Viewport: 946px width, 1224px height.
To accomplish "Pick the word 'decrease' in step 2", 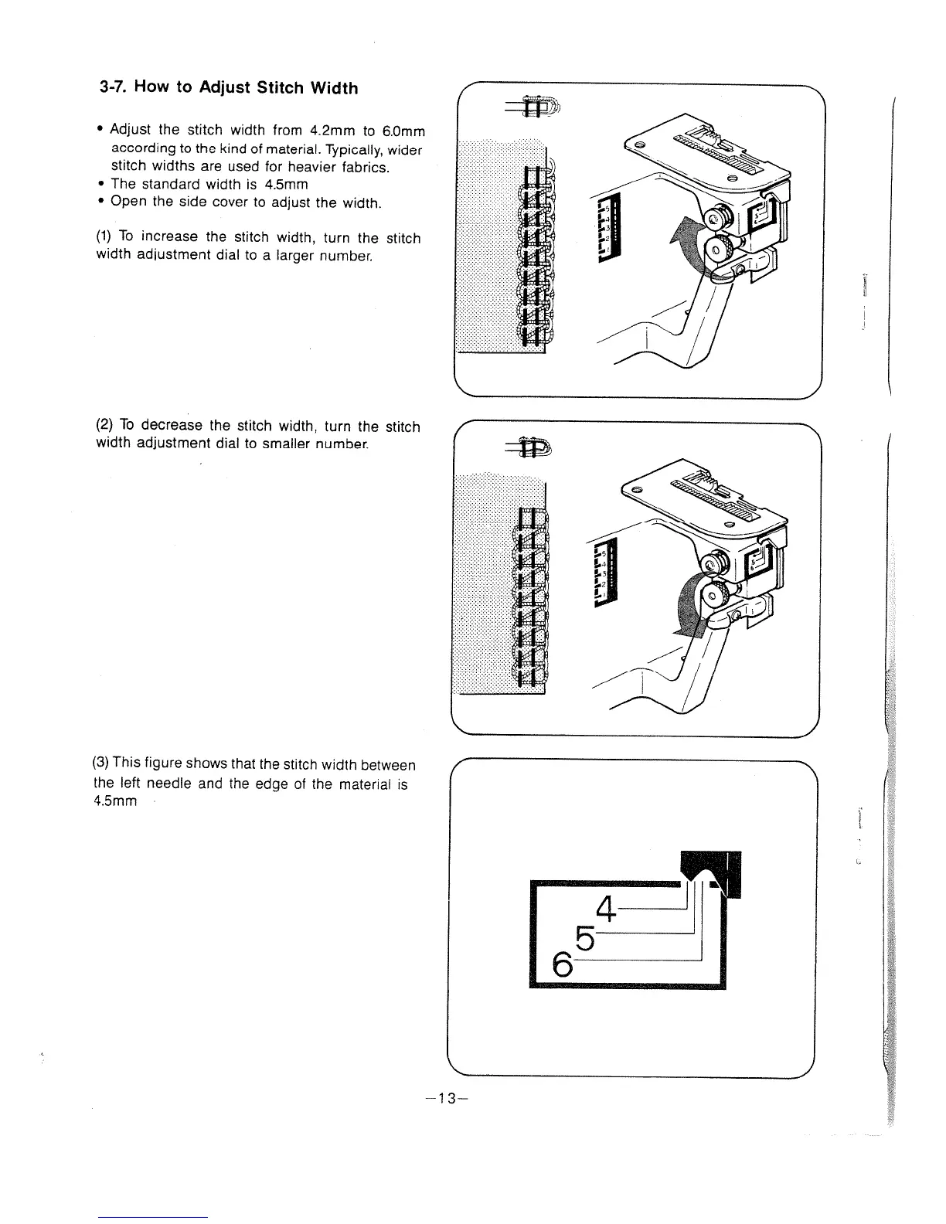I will (x=175, y=426).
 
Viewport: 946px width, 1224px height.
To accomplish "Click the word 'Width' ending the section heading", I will (x=335, y=87).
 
